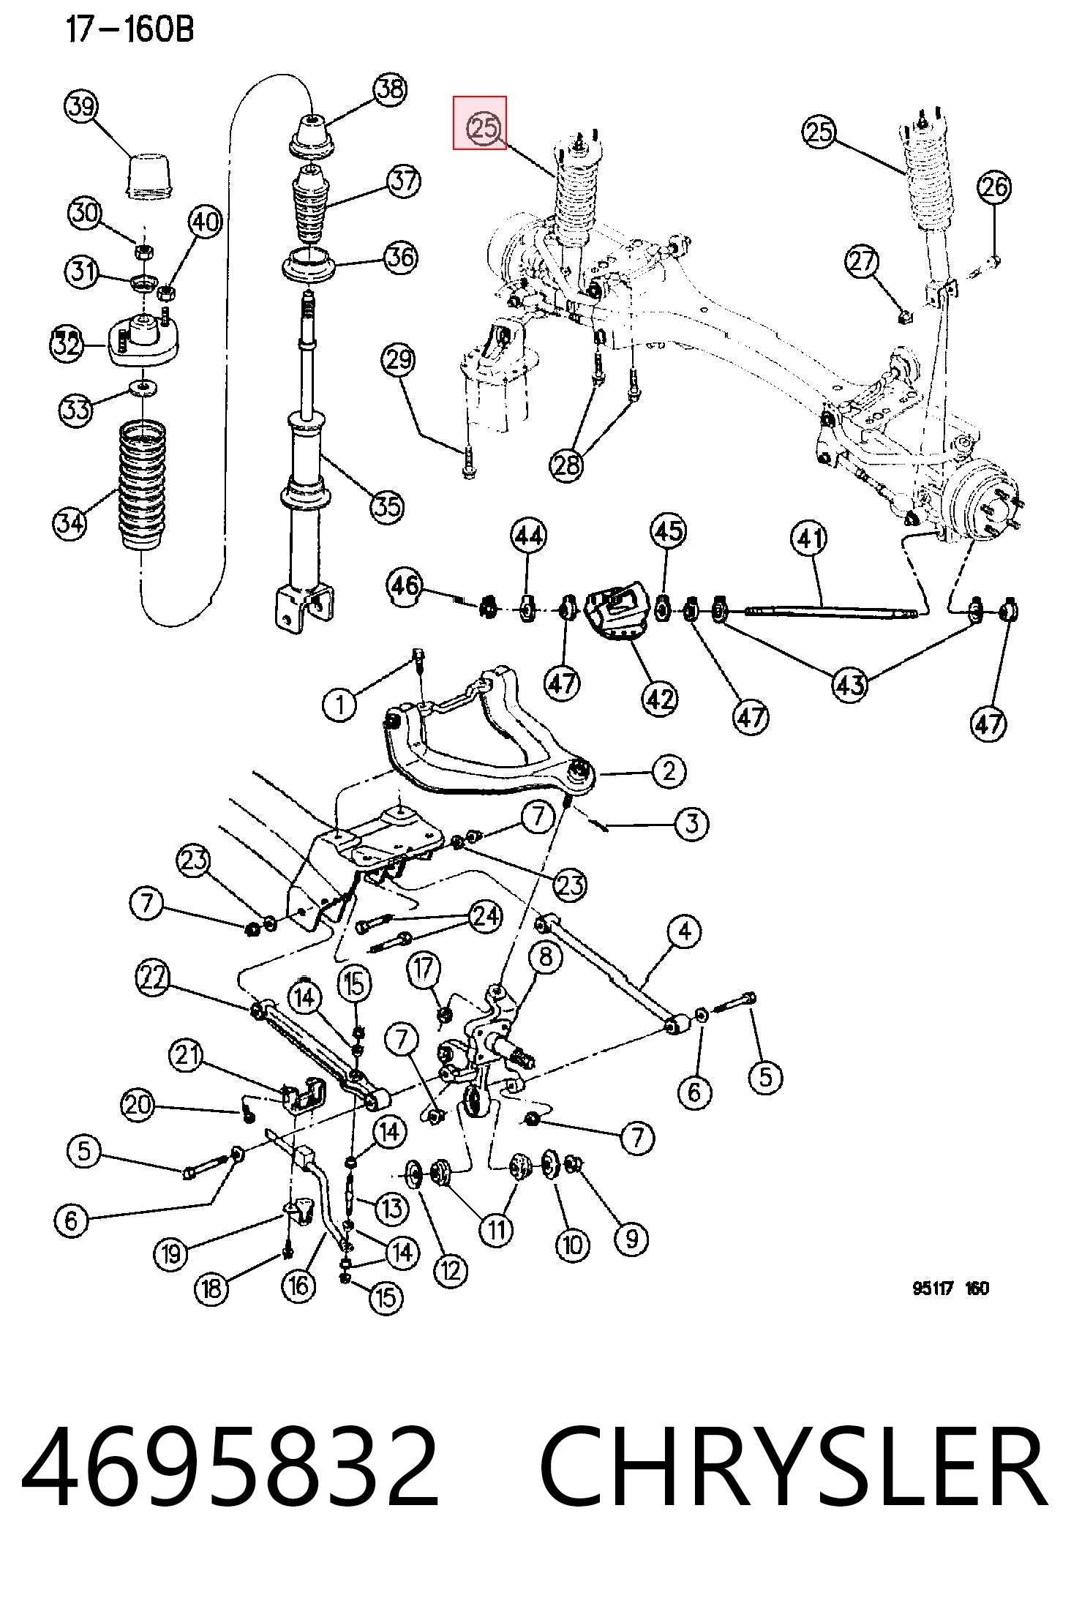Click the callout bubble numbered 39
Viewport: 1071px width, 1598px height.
coord(81,108)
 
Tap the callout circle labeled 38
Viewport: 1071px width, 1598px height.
coord(390,89)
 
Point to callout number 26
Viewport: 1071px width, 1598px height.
coord(994,187)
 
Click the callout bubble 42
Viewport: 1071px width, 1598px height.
coord(659,699)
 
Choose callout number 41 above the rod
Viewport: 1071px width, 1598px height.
coord(808,539)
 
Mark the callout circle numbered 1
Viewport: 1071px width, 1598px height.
coord(339,705)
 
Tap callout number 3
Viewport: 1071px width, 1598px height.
coord(691,824)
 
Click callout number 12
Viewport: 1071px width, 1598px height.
coord(450,1269)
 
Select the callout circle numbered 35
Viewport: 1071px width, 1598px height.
coord(387,506)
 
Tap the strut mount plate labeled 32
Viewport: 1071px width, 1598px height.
coord(144,340)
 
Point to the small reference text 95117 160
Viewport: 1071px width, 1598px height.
coord(950,1308)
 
